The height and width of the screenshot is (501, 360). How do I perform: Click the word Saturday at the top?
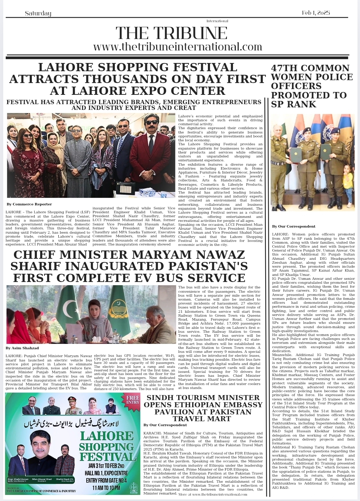coord(38,14)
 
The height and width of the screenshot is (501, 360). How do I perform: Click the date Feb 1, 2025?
coord(316,13)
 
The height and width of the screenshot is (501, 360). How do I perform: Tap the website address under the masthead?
coord(177,47)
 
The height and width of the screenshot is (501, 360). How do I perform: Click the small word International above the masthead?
coord(217,21)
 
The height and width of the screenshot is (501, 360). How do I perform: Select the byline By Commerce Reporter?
coord(24,204)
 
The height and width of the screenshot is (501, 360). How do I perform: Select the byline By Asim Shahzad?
coord(22,348)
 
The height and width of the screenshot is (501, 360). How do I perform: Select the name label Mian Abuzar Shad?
coord(42,479)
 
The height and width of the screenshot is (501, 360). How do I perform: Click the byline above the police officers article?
coord(293,226)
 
